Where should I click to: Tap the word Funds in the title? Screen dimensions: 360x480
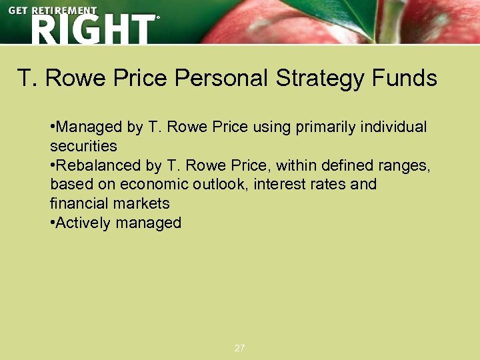pyautogui.click(x=405, y=79)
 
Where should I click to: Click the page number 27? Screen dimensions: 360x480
pyautogui.click(x=240, y=348)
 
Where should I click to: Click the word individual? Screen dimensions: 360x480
pyautogui.click(x=393, y=127)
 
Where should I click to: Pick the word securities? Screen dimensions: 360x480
pyautogui.click(x=83, y=146)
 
